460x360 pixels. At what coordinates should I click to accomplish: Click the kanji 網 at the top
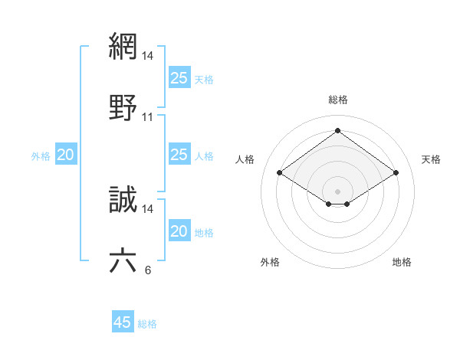123,46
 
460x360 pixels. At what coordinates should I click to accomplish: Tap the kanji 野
123,107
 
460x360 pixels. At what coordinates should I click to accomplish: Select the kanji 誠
123,199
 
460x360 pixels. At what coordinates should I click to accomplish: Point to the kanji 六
123,260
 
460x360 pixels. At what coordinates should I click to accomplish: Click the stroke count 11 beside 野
148,117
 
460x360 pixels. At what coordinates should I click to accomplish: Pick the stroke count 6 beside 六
148,270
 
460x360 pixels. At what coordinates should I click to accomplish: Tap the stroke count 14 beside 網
148,56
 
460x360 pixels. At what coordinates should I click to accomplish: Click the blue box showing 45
123,322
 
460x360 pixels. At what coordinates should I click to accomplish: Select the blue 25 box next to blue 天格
179,78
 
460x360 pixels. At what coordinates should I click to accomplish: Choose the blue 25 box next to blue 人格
179,155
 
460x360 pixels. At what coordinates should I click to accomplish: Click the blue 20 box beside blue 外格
65,155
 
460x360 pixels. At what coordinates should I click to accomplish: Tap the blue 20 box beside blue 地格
179,231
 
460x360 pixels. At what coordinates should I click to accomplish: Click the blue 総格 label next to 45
147,324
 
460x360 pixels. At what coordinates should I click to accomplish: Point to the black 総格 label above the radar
338,100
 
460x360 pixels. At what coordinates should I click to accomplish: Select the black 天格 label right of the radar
432,159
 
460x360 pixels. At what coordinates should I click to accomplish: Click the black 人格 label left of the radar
245,159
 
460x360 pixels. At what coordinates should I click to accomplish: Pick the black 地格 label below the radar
402,262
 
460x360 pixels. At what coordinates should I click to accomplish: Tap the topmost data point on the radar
337,131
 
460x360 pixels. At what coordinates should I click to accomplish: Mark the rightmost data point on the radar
396,173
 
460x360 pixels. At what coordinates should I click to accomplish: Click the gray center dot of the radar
337,191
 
